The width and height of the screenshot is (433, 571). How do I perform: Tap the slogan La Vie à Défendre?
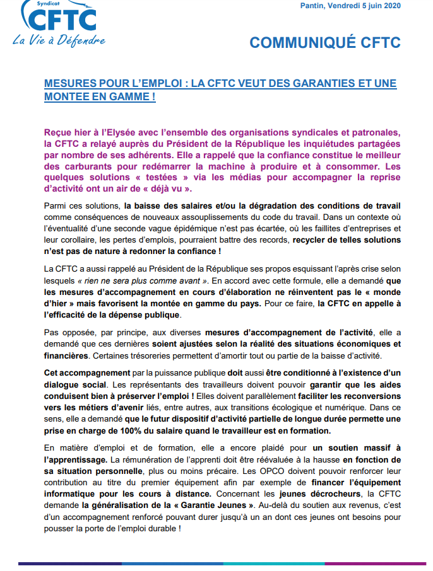[x=59, y=40]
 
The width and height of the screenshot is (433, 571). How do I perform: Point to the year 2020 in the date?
[x=391, y=6]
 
